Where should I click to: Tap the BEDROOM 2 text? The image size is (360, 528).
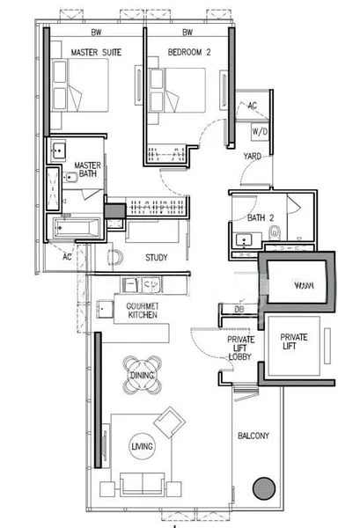click(x=188, y=53)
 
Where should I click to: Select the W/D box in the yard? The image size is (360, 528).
click(x=261, y=131)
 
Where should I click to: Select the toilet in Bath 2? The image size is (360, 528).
click(x=275, y=233)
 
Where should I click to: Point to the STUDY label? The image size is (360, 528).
click(x=158, y=257)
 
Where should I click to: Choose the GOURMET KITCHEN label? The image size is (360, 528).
click(x=143, y=310)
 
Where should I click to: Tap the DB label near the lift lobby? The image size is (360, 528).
click(x=239, y=309)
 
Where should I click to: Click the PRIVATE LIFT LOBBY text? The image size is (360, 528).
click(x=241, y=348)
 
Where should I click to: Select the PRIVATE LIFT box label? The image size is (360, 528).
click(x=294, y=342)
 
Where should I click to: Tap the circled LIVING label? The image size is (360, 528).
click(x=142, y=447)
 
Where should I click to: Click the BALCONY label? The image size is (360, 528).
click(x=254, y=436)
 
